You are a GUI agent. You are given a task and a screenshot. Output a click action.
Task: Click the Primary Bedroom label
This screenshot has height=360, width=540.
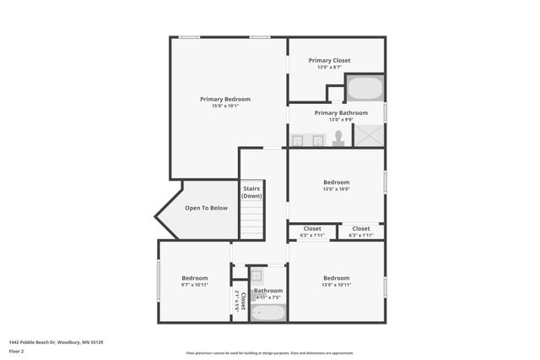(x=224, y=99)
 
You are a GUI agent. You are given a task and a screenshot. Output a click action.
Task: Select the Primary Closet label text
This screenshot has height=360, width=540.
(x=329, y=60)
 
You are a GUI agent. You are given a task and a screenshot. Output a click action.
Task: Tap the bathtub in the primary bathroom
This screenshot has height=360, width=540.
(x=364, y=89)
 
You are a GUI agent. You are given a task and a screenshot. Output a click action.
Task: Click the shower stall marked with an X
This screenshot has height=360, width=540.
(x=368, y=135)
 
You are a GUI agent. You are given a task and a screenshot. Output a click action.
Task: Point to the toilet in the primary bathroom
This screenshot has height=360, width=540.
(x=338, y=138)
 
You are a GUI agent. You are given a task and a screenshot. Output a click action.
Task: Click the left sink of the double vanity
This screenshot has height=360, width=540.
(x=298, y=140)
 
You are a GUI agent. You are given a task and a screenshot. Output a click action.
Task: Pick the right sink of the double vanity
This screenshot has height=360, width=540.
(x=317, y=140)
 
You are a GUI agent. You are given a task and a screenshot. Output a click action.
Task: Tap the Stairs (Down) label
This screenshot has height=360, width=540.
(x=251, y=192)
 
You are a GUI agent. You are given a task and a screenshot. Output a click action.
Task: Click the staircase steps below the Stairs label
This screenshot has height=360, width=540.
(x=251, y=221)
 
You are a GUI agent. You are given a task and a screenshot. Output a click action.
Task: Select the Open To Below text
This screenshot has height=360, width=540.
(x=206, y=208)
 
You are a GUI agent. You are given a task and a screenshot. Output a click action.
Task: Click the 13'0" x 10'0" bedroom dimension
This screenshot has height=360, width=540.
(x=336, y=189)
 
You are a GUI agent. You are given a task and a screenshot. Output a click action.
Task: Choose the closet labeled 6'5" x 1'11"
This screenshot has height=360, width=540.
(x=312, y=232)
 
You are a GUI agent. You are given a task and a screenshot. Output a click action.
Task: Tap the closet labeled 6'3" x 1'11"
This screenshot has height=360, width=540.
(x=360, y=232)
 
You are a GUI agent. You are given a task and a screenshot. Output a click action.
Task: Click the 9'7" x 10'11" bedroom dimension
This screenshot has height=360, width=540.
(x=194, y=285)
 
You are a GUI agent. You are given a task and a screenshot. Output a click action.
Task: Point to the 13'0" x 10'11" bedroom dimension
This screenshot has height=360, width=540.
(x=336, y=285)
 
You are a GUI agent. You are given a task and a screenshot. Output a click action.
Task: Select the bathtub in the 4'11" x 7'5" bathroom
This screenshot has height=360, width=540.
(x=268, y=313)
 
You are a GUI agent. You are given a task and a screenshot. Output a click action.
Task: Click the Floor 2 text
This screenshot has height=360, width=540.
(x=17, y=350)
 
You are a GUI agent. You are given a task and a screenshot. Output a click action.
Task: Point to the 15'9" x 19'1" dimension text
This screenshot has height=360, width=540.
(x=224, y=106)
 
